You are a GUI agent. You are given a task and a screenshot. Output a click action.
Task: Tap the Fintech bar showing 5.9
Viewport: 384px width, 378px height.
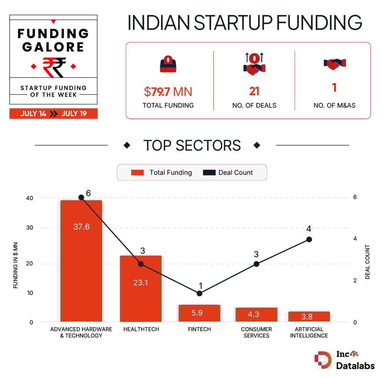[199, 313]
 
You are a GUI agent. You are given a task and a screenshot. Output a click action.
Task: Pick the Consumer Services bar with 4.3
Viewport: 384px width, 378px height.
[256, 314]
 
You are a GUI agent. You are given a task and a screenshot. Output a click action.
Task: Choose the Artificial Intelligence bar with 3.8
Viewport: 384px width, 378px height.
[309, 317]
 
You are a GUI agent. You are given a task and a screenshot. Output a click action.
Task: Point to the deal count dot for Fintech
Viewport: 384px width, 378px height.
[199, 293]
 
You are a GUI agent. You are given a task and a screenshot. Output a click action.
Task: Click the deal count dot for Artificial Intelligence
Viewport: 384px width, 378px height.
[309, 239]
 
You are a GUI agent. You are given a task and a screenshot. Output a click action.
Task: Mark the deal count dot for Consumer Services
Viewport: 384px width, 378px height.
[256, 264]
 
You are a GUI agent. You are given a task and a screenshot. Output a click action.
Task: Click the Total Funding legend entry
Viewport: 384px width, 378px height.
[161, 173]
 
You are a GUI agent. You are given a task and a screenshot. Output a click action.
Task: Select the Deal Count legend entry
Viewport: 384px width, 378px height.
[228, 173]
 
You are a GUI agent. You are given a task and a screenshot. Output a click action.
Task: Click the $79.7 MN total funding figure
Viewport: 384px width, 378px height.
[168, 92]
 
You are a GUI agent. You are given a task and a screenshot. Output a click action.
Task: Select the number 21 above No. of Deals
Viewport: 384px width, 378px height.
[254, 91]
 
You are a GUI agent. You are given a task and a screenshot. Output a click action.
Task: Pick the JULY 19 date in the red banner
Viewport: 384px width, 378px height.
[74, 114]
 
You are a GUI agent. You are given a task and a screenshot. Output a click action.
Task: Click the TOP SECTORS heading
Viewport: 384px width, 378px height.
[192, 146]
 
